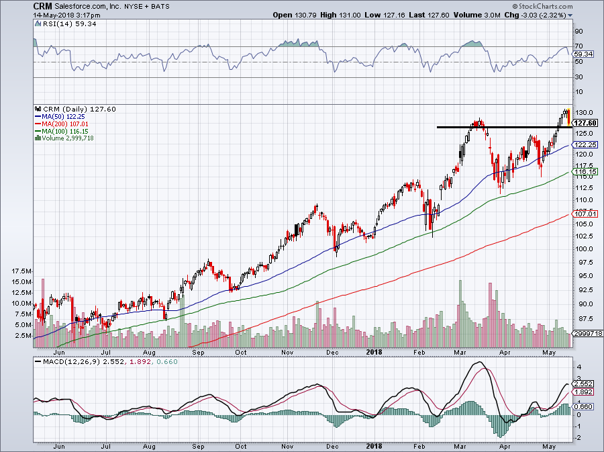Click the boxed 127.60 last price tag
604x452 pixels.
tap(586, 123)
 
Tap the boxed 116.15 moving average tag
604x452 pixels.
tap(585, 173)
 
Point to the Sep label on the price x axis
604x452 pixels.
tap(198, 351)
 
